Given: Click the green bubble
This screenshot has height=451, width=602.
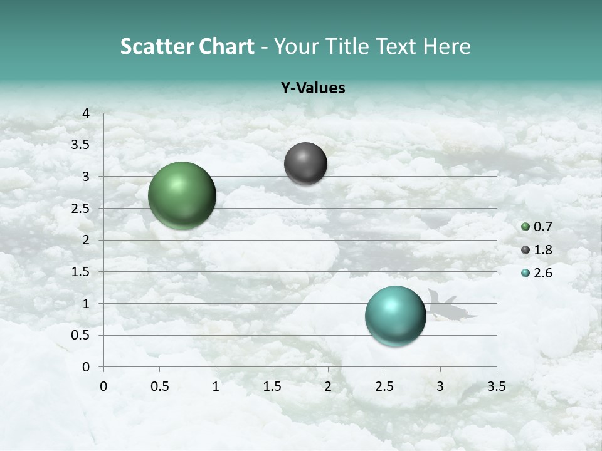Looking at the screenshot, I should coord(182,195).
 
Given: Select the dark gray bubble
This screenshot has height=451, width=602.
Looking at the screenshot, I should coord(305,164).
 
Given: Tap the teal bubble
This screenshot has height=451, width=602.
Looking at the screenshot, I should coord(396,316).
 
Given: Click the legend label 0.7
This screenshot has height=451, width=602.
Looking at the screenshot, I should coord(542,227).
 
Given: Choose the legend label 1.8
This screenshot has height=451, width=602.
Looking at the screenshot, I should coord(542,250).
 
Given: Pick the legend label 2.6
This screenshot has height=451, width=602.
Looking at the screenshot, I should coord(542,273).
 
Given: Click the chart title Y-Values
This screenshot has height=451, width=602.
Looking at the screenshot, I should coord(313,88).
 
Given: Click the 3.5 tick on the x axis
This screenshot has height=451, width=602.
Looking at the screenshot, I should coord(496,386).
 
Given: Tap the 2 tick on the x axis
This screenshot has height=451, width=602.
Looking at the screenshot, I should coord(328,386).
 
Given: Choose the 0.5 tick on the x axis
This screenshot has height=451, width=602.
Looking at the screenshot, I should coord(159,386).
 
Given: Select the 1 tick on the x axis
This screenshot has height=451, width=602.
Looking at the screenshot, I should coord(216,386).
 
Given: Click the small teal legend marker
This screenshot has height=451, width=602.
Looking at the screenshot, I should coord(525,273).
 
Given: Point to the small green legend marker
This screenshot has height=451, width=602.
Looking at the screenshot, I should coord(525,227).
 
